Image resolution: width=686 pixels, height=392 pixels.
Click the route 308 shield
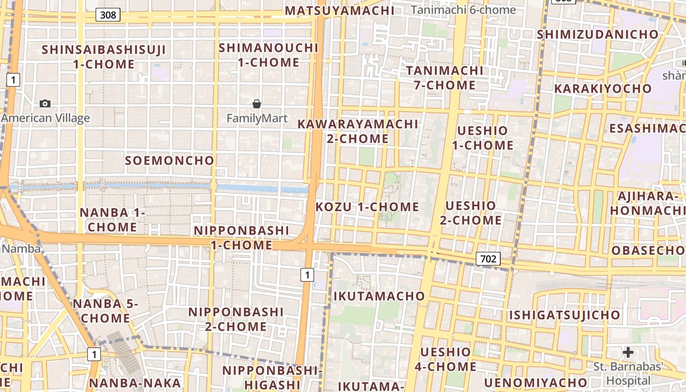point(108,15)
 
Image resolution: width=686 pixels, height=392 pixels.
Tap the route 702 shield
point(489,259)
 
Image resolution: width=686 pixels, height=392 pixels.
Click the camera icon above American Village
point(45,103)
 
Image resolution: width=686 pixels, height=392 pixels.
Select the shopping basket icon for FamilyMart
point(257,104)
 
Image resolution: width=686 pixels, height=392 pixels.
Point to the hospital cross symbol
point(628,352)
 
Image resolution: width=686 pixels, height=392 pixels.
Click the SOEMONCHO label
point(170,161)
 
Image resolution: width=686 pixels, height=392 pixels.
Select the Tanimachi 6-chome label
point(464,10)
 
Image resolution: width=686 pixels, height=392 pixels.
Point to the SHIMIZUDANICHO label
point(598,35)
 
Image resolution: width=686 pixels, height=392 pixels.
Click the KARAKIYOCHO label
point(603,89)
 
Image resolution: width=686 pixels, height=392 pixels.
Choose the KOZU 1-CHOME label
point(367,207)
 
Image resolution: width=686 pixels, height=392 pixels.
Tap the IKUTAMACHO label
point(379,296)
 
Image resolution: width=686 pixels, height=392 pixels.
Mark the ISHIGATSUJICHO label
point(564,315)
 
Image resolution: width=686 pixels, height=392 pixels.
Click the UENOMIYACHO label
point(536,383)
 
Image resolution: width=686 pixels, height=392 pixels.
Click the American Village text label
point(46,118)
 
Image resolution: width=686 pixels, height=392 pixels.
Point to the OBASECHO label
point(648,250)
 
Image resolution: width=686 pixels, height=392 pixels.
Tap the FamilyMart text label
point(257,119)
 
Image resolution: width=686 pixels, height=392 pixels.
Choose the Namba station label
point(21,248)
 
